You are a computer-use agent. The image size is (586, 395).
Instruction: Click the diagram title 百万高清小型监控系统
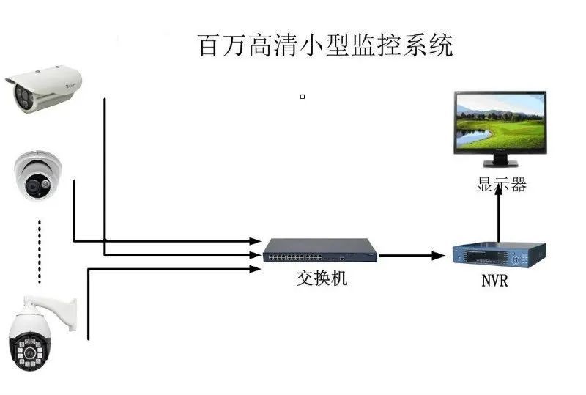326,45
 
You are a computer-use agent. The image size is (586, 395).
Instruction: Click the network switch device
320,251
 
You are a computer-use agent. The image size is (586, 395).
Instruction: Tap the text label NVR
494,281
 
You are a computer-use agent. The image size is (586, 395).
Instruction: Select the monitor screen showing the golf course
500,122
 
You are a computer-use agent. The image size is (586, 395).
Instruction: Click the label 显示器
501,185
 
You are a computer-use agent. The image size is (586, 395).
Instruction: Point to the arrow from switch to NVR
412,256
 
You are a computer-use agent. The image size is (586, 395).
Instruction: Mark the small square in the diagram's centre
303,96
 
